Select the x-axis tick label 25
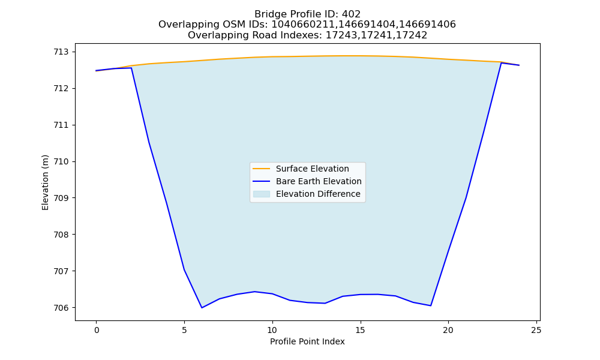tap(536, 330)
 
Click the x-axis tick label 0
tap(97, 330)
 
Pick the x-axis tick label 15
tap(360, 330)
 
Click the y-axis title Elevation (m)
tap(45, 182)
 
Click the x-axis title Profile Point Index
tap(307, 341)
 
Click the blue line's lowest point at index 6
tap(202, 308)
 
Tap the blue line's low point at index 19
tap(430, 305)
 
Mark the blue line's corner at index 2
tap(131, 68)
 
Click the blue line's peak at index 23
tap(501, 63)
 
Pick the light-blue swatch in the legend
tap(262, 194)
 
